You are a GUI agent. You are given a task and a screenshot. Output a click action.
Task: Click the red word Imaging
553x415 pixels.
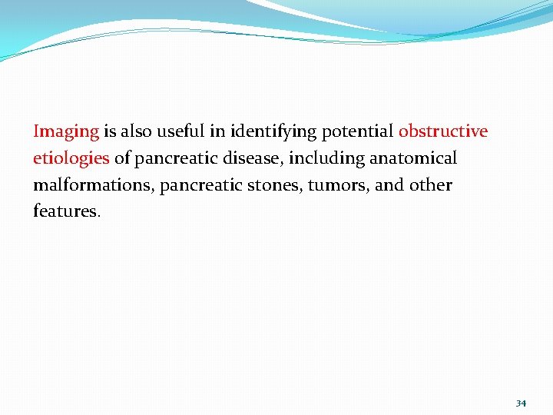click(66, 132)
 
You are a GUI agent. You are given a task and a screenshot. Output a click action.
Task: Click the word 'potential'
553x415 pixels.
click(357, 132)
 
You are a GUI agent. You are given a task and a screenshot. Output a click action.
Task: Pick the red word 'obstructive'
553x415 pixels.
click(443, 131)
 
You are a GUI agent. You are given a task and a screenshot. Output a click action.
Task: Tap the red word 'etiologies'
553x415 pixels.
click(71, 159)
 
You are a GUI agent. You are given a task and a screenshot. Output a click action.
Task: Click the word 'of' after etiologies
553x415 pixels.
click(122, 158)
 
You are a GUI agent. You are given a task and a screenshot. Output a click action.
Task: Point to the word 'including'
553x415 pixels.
click(326, 159)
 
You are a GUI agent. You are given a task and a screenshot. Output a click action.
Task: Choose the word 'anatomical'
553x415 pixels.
click(413, 158)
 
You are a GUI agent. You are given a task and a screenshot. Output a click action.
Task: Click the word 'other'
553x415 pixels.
click(432, 185)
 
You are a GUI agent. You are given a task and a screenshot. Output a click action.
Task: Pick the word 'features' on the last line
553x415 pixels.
click(65, 211)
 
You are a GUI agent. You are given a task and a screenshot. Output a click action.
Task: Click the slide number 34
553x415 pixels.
click(521, 403)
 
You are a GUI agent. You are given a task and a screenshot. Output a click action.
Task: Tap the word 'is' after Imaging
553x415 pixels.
click(109, 131)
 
